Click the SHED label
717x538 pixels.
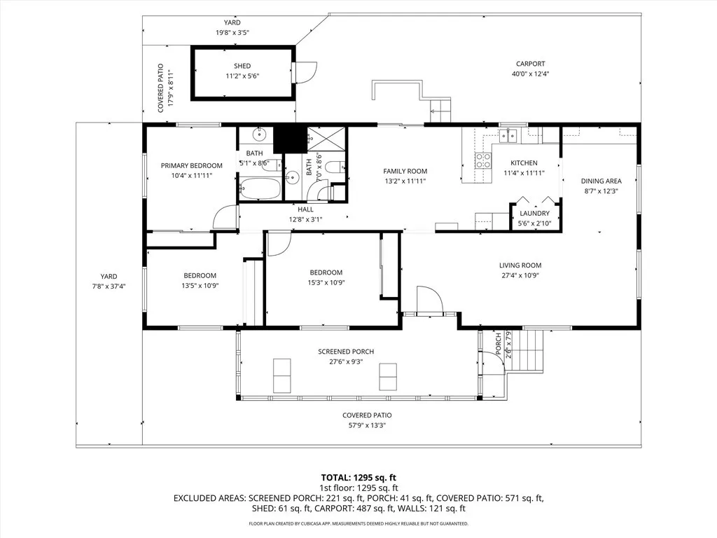[242, 66]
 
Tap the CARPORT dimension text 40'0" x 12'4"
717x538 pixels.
[529, 74]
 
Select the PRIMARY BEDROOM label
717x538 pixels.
[191, 166]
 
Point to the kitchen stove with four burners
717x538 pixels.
[483, 162]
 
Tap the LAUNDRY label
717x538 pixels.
[534, 214]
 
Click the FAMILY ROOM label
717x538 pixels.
[405, 171]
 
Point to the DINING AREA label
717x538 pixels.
[601, 181]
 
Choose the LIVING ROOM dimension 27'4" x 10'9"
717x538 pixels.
[520, 275]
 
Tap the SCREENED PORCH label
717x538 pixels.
[346, 352]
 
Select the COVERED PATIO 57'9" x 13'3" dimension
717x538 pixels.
[367, 425]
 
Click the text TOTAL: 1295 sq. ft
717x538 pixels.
[359, 477]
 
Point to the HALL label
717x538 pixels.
[305, 209]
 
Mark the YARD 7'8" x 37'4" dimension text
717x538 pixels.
[109, 286]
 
